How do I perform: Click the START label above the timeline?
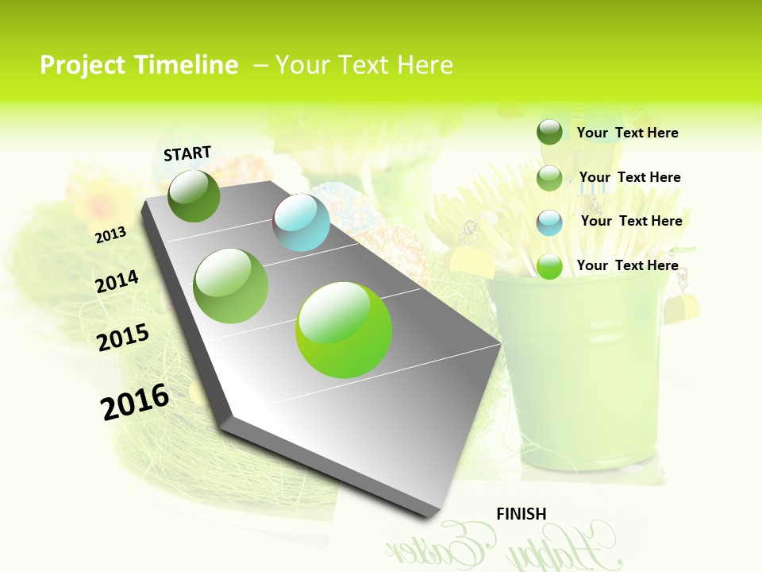pos(187,153)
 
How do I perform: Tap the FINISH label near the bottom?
pos(521,514)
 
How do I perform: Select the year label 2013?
pos(111,235)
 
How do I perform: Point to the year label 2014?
pos(117,282)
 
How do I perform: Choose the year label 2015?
pos(123,338)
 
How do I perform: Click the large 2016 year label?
pos(135,401)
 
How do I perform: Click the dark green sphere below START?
pos(194,195)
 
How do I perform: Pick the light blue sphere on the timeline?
pos(301,222)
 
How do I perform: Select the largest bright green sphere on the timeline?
pos(344,330)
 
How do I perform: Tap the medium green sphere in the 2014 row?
pos(230,285)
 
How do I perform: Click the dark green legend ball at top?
pos(549,132)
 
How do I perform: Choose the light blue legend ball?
pos(549,222)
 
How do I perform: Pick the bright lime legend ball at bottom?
pos(549,266)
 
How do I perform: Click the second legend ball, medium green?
pos(549,178)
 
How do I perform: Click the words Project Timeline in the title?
pos(139,65)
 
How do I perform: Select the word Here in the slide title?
pos(423,65)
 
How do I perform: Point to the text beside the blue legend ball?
pos(631,221)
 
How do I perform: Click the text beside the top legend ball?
pos(627,133)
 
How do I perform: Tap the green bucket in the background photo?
pos(579,373)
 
